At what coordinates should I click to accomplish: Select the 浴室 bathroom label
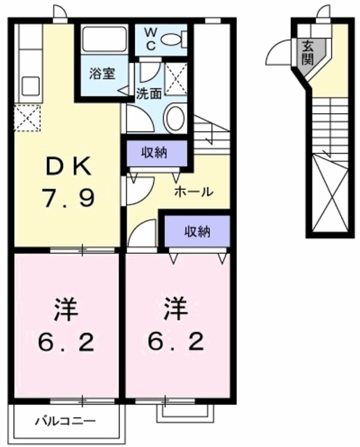tap(102, 73)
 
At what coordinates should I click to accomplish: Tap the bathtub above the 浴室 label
tap(103, 41)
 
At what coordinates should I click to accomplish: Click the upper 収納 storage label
tap(156, 153)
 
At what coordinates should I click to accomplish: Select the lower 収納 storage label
tap(197, 230)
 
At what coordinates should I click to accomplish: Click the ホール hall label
tap(194, 191)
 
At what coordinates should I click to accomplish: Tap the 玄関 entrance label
tap(308, 54)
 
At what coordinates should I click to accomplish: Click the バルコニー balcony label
tap(66, 421)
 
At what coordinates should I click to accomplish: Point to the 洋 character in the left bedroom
tap(66, 307)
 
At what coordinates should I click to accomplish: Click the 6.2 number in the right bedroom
tap(177, 342)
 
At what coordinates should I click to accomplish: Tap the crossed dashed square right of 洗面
tap(176, 78)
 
